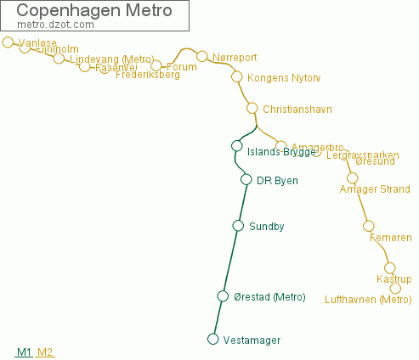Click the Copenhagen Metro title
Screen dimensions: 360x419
[x=93, y=11]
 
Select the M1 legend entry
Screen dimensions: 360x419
[x=24, y=352]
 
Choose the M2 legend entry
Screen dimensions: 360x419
[x=45, y=352]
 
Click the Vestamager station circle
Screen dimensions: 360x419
[x=213, y=340]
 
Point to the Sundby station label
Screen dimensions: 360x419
[x=266, y=227]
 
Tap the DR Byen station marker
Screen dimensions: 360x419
[x=246, y=179]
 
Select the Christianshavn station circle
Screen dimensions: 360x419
[x=252, y=108]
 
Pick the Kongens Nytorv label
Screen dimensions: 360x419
[x=283, y=77]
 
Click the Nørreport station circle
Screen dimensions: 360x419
[x=202, y=57]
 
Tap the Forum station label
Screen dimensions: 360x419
[x=182, y=66]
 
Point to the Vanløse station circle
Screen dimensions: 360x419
[x=8, y=42]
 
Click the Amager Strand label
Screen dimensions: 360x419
[x=374, y=189]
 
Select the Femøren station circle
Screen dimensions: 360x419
[x=368, y=226]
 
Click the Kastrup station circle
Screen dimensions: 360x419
[x=390, y=268]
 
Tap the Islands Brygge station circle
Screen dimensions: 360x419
[x=237, y=146]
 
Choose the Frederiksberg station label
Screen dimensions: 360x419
[x=147, y=75]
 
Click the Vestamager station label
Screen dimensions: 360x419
[x=252, y=340]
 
